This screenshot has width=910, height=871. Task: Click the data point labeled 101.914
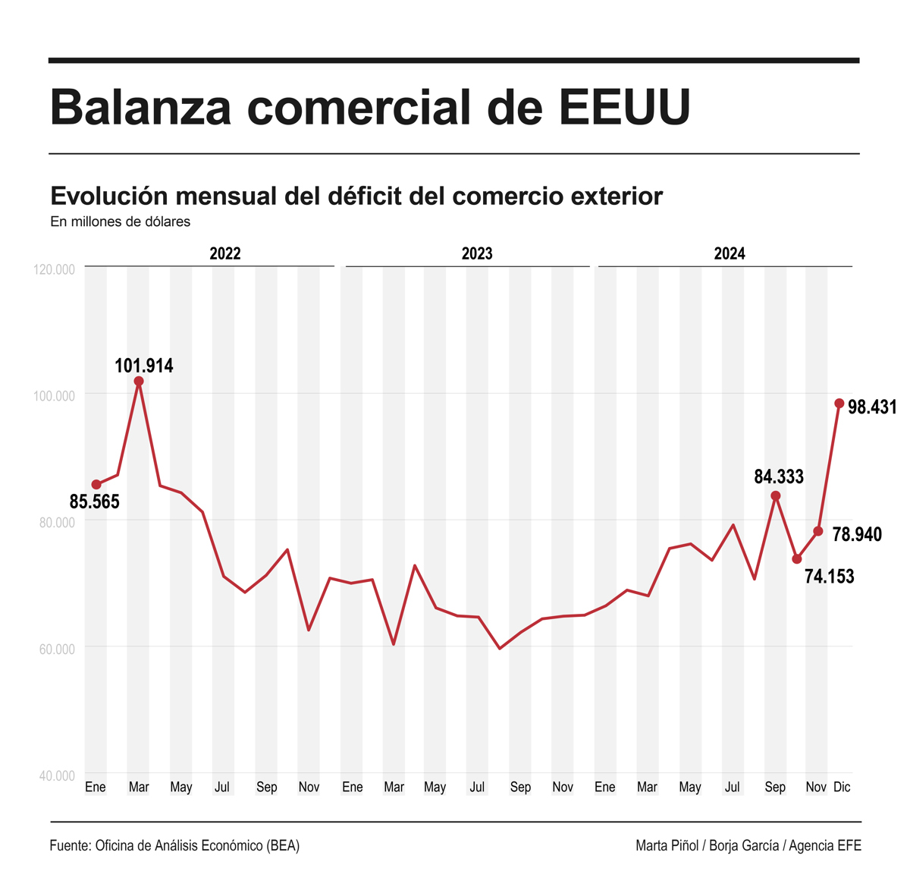(x=139, y=382)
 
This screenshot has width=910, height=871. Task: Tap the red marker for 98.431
(x=839, y=404)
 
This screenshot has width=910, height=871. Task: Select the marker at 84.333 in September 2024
(x=776, y=496)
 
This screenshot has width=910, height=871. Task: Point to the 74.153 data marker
(x=797, y=559)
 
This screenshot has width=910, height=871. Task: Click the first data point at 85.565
(x=96, y=485)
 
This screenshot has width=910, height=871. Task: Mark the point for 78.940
(x=818, y=531)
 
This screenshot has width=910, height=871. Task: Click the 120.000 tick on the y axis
(x=55, y=269)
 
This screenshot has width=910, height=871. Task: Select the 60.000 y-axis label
(x=55, y=649)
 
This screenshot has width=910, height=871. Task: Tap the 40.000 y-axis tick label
(x=55, y=775)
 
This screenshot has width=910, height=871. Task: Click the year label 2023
(x=477, y=253)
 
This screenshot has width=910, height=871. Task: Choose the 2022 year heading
(x=225, y=253)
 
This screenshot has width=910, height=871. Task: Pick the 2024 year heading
(x=730, y=253)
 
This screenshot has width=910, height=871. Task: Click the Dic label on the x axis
(x=842, y=788)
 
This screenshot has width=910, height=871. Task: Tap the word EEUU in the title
(x=626, y=107)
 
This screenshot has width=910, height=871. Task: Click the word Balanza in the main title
(x=140, y=107)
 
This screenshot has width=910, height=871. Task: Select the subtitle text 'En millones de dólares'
(x=120, y=222)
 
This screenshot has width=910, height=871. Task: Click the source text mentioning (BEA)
(x=282, y=846)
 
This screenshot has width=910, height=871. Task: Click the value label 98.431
(x=872, y=407)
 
